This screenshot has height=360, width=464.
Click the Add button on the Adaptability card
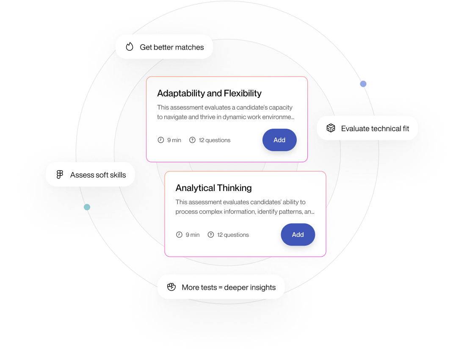279,140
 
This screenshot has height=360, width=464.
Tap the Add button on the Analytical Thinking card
298,235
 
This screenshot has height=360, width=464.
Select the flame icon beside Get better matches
130,47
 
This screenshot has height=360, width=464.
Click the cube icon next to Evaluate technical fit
331,128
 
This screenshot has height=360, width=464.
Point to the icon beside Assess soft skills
60,174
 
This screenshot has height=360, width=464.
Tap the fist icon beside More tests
171,287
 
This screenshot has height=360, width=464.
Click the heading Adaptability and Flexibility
209,93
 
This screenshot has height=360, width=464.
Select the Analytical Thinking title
213,188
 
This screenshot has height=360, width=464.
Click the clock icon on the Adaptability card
160,140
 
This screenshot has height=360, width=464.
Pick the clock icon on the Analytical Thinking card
179,235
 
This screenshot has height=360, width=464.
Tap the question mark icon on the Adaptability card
192,140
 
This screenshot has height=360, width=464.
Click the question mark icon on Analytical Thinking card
211,235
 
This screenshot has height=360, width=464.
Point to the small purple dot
363,84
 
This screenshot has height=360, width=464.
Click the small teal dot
87,207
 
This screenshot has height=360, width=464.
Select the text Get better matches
171,47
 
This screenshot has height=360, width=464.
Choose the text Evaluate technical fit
375,128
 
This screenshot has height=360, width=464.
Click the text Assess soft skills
98,175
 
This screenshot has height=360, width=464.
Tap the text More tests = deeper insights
229,287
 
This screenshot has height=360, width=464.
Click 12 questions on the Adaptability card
215,140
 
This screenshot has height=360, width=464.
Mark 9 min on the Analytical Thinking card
193,235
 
